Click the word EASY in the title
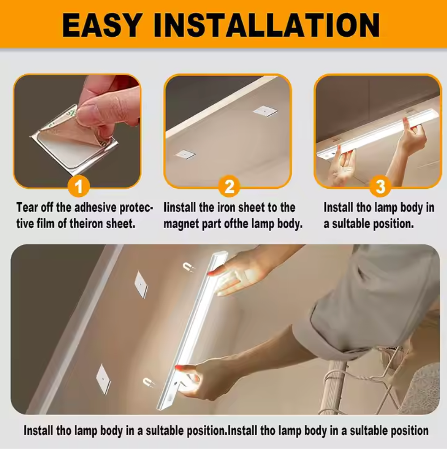103,25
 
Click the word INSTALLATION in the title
267,25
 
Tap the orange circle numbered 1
79,187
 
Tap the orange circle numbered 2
229,187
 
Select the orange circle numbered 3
380,187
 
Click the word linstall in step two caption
180,208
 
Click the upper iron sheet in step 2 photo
265,110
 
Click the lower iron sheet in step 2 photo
185,154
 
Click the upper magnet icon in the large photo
188,267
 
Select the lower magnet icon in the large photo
148,382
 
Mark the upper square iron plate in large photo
141,284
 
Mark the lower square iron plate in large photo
103,379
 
